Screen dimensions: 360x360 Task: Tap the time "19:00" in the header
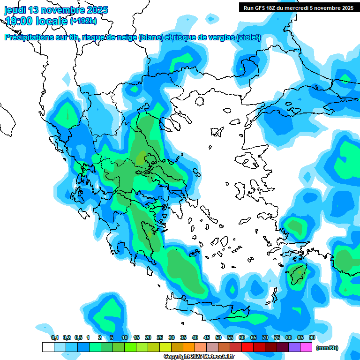coord(19,21)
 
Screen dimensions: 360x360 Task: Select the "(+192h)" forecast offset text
coord(83,21)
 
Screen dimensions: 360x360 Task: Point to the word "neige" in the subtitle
coord(126,37)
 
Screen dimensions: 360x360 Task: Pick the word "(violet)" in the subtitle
coord(248,37)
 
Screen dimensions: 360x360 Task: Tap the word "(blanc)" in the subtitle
coord(150,37)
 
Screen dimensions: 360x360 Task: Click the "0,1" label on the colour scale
coord(54,338)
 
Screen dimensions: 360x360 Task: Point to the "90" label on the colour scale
coord(312,338)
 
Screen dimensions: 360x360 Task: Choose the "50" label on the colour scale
coord(218,338)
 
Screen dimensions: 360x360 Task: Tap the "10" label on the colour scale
coord(125,338)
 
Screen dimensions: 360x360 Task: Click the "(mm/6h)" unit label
coord(327,348)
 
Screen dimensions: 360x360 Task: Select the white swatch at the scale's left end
coord(48,347)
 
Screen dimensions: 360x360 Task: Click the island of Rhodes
coord(298,274)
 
